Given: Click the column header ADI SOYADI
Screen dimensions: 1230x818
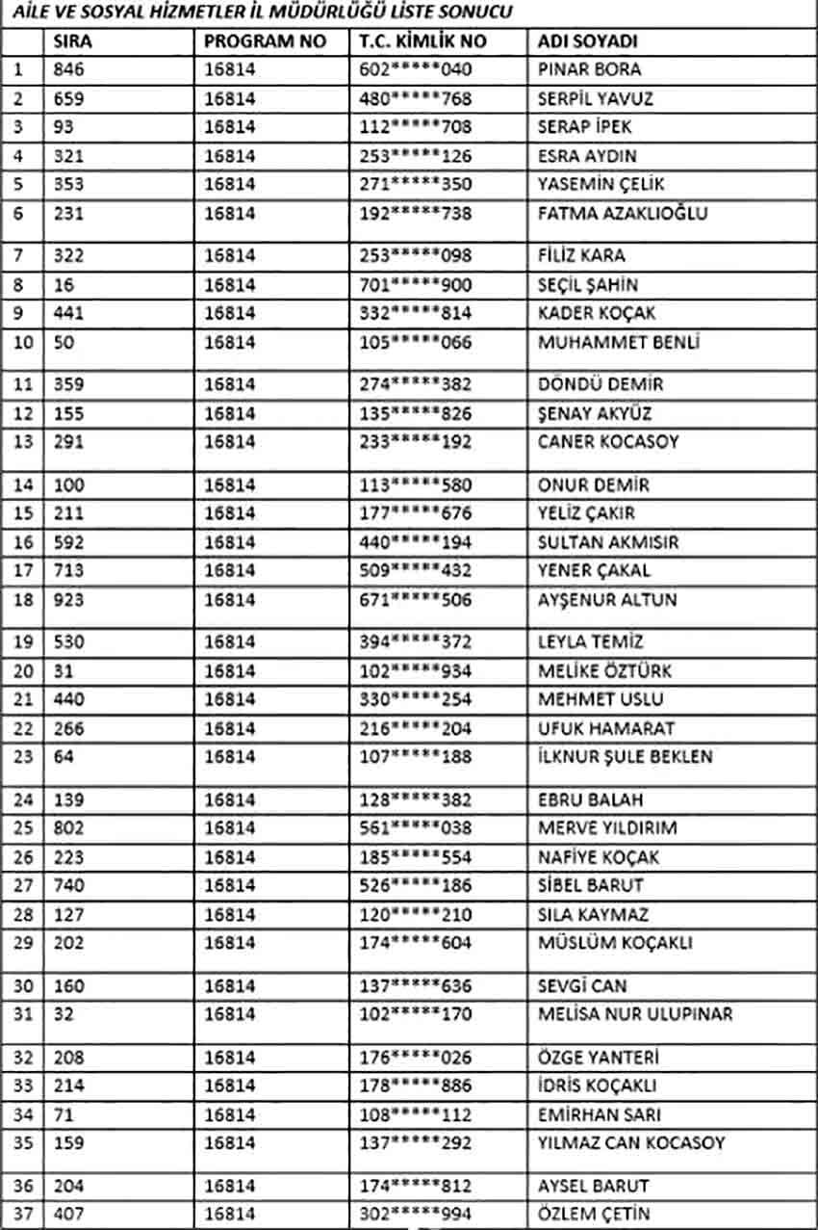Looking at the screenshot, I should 588,41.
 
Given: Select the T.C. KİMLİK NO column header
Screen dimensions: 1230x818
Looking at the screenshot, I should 419,41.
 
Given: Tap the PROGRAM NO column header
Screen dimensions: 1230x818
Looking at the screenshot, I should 266,41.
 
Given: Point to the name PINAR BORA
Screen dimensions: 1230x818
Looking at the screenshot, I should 589,69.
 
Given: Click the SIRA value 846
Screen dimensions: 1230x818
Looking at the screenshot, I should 69,69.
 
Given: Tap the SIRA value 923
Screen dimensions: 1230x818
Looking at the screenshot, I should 69,599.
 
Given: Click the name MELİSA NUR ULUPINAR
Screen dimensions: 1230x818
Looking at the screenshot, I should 635,1013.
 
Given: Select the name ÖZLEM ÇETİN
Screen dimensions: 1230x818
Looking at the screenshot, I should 594,1214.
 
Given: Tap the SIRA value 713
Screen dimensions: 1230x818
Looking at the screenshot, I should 69,570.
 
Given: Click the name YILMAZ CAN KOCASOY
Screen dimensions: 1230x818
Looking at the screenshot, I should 631,1143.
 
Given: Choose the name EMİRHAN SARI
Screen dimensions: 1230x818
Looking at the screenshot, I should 599,1114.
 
